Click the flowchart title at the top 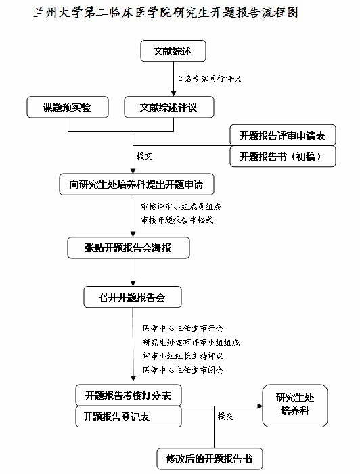166,13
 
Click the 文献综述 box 173,51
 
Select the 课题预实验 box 68,107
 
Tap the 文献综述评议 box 169,107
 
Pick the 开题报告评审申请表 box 283,135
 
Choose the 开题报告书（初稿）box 283,156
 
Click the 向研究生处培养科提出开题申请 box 137,184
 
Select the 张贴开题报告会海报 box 129,248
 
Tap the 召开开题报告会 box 133,297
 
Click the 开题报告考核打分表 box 129,395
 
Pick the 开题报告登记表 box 129,417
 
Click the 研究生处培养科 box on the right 295,406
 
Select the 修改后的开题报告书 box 210,458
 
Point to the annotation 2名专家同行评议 210,79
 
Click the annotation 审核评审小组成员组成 181,207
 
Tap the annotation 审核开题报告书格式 177,220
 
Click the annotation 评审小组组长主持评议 183,356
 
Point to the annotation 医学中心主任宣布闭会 183,370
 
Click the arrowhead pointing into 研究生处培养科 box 260,406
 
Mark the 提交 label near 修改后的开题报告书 226,417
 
